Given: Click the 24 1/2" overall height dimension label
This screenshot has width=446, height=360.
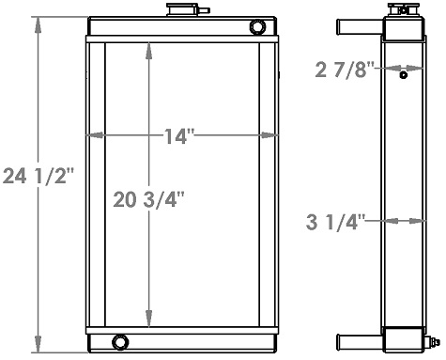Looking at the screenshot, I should [x=38, y=175].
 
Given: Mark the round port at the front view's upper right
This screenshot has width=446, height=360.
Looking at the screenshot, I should [x=257, y=26].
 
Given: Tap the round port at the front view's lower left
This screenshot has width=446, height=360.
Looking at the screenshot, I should [x=118, y=340].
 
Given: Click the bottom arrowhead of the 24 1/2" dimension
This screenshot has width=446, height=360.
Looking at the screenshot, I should [x=38, y=344].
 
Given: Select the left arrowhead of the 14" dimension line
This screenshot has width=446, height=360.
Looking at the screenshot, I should [x=91, y=137].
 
